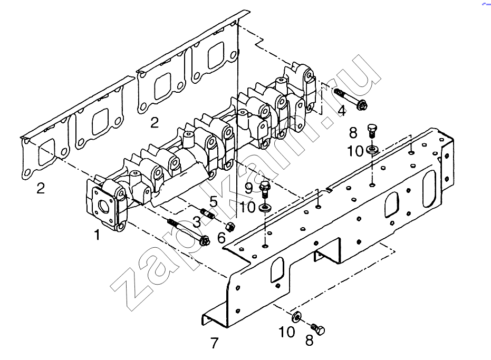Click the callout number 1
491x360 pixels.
[x=97, y=235]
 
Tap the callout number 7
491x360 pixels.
[x=214, y=343]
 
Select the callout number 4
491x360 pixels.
[x=342, y=110]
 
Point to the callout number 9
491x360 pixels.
[x=248, y=189]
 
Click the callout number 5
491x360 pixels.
[x=213, y=201]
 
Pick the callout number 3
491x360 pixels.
[x=197, y=222]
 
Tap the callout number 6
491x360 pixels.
[x=222, y=238]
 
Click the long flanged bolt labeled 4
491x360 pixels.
[x=351, y=99]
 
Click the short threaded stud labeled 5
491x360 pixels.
[x=208, y=213]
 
